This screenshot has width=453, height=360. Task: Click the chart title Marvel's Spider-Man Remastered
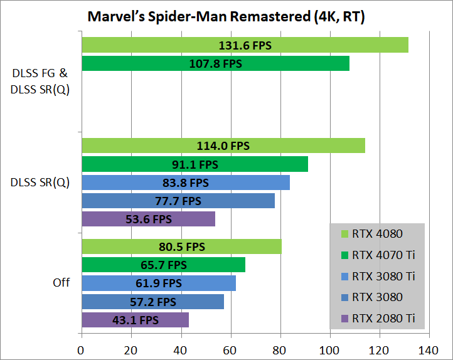click(x=226, y=17)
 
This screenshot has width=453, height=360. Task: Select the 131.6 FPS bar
click(x=245, y=45)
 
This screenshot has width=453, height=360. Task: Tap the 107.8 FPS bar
click(x=215, y=63)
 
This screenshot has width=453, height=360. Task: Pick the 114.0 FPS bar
click(x=223, y=146)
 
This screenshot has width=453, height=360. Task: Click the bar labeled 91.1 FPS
click(x=195, y=164)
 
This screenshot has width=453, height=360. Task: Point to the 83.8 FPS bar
click(x=185, y=183)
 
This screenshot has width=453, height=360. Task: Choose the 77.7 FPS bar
click(x=178, y=201)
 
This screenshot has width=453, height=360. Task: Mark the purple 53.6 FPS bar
click(x=148, y=219)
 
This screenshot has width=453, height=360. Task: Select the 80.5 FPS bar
click(x=181, y=246)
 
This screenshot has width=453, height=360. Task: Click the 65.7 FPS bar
click(x=163, y=265)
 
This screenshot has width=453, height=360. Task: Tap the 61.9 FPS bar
click(x=158, y=283)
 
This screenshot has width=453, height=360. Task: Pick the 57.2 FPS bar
click(x=152, y=302)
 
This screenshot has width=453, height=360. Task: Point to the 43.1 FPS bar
click(x=135, y=320)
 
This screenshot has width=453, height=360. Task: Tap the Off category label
click(x=61, y=283)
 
